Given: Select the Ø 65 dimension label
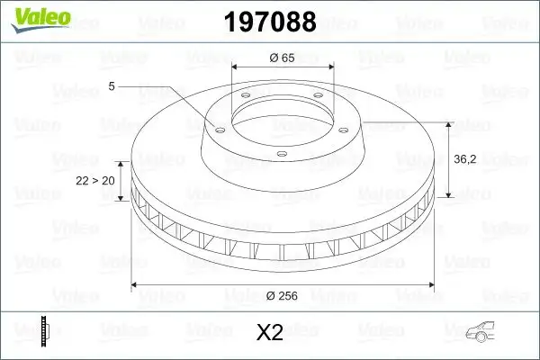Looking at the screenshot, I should pyautogui.click(x=283, y=58).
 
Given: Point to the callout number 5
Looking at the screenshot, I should pyautogui.click(x=112, y=85).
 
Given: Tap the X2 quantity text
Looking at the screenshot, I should pyautogui.click(x=270, y=333).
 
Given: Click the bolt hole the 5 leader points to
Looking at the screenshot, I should pyautogui.click(x=218, y=127).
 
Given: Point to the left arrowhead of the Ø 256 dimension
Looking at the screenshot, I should pyautogui.click(x=136, y=285).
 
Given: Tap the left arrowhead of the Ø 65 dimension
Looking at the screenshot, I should pyautogui.click(x=236, y=67).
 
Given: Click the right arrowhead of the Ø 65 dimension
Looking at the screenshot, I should pyautogui.click(x=331, y=67).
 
